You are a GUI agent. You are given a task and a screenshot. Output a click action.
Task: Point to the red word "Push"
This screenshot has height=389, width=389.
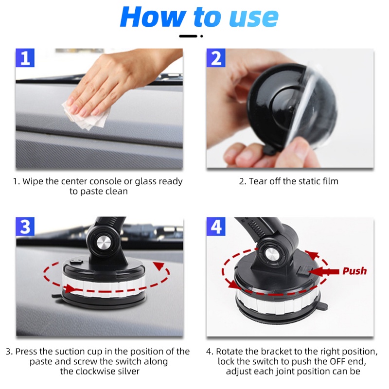click(354, 271)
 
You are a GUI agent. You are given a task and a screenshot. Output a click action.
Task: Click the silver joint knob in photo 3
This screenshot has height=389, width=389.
click(103, 244)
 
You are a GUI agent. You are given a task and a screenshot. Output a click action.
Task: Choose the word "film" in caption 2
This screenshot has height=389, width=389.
click(329, 181)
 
